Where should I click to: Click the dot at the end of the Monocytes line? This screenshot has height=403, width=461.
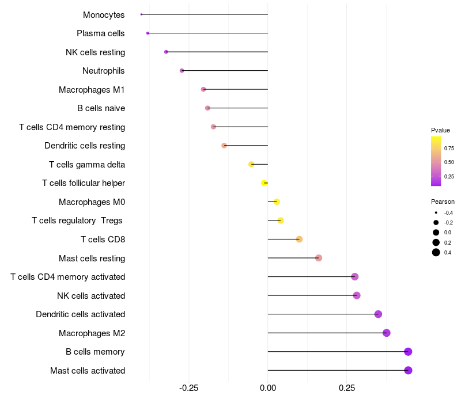point(141,14)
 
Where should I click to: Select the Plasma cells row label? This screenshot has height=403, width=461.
point(100,33)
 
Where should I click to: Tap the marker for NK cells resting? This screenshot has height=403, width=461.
point(166,52)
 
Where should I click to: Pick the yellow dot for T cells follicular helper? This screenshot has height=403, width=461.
point(264,183)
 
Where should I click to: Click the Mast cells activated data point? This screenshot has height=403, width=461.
point(408,370)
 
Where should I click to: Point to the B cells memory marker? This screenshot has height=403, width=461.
point(408,352)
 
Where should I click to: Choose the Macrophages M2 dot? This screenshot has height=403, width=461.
point(387,333)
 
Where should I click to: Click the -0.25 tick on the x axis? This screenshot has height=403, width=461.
point(189,388)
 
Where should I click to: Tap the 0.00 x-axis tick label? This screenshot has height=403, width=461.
point(268,388)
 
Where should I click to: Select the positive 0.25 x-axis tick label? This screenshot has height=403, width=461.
point(347,388)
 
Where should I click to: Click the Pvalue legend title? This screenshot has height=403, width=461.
point(440,130)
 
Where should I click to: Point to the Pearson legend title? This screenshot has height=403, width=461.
point(443,201)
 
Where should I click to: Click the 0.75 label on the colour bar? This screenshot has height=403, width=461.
point(449,149)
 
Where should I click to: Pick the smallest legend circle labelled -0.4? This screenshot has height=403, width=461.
point(436,212)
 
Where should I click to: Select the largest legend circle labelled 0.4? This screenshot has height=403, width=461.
point(436,252)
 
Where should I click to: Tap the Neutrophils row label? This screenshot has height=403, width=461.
point(104,71)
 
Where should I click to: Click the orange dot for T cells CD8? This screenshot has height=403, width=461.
point(299,239)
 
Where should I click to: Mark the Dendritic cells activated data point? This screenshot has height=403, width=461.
point(378,314)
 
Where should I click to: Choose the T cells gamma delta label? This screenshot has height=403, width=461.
point(87,165)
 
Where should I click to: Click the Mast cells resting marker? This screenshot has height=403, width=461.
point(319,258)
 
